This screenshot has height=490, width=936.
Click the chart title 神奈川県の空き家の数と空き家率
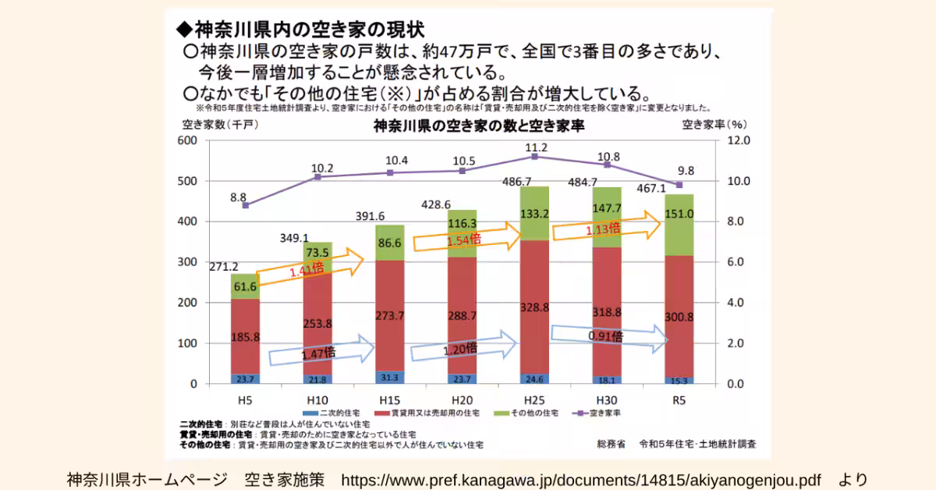pos(479,125)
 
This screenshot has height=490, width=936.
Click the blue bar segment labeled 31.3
pos(389,377)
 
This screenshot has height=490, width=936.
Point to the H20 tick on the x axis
pos(462,399)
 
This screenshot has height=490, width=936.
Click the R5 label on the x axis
pos(679,399)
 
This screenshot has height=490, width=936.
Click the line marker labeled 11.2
pos(534,157)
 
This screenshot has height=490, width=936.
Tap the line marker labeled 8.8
pos(245,205)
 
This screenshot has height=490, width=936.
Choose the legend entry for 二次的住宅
pos(336,412)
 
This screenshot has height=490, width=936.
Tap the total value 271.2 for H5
pos(225,266)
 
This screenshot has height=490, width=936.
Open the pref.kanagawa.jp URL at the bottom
pos(581,478)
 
